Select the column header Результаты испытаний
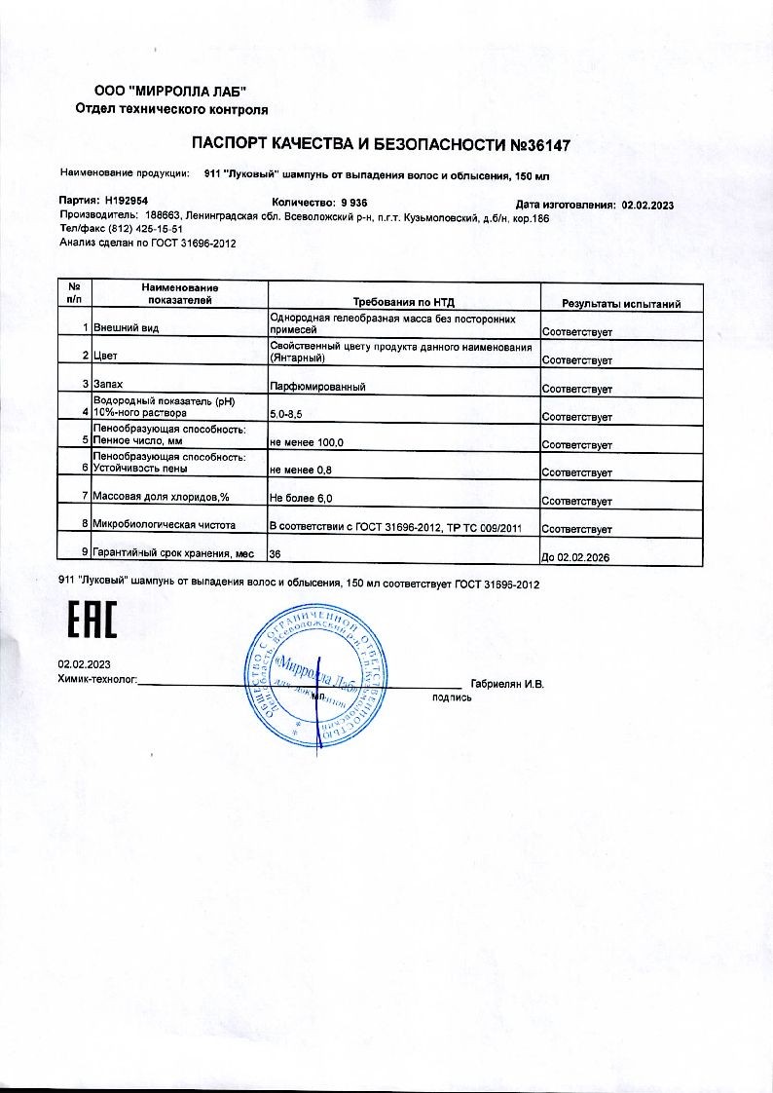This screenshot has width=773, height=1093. [x=621, y=304]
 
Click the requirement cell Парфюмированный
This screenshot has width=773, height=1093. [x=317, y=388]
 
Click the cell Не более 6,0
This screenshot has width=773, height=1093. [x=301, y=500]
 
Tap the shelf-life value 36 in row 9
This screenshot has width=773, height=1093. [x=276, y=553]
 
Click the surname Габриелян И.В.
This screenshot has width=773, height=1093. [x=506, y=683]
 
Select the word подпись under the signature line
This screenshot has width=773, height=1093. [x=452, y=697]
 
